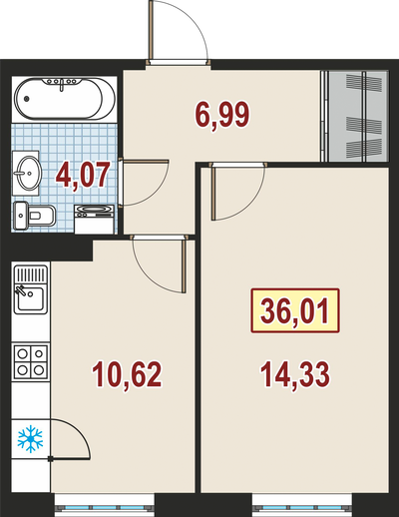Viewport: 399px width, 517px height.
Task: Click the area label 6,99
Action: tap(222, 116)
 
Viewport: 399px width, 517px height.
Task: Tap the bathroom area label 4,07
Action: tap(83, 176)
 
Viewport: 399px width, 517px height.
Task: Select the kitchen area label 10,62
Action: tap(127, 375)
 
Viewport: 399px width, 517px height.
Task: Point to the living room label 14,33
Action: tap(295, 375)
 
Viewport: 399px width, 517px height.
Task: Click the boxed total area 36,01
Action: tap(295, 311)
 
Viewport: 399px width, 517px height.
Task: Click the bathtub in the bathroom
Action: tap(65, 99)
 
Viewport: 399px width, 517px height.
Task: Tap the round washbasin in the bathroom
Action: tap(27, 173)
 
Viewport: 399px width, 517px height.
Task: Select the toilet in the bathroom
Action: tap(34, 216)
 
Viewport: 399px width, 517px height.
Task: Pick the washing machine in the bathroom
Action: tap(95, 220)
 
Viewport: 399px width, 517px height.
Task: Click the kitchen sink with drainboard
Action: tap(31, 289)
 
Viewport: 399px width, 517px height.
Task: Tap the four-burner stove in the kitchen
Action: tap(31, 362)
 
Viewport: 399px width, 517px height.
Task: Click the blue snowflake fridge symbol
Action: tap(30, 439)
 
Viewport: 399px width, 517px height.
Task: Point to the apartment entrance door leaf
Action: tap(152, 30)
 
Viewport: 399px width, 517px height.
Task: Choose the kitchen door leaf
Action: tap(184, 265)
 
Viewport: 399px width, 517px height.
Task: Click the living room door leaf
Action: tap(213, 192)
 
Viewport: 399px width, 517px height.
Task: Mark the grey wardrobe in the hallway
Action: tap(355, 116)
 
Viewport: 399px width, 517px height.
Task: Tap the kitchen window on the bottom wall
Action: tap(105, 505)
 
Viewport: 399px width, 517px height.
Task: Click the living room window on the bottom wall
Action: tap(302, 505)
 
